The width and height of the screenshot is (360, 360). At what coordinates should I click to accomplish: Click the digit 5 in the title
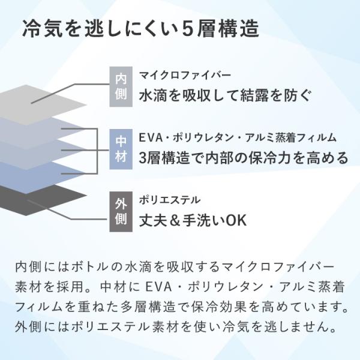click(187, 29)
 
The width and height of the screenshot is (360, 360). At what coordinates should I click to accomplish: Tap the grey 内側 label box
click(121, 86)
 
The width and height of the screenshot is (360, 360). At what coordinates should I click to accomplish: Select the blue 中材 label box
click(121, 149)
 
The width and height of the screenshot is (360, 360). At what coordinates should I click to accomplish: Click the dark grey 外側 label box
click(121, 211)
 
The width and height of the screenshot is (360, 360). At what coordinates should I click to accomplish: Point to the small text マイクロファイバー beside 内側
click(185, 75)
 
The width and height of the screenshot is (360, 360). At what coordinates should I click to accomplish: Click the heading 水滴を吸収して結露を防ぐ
click(225, 95)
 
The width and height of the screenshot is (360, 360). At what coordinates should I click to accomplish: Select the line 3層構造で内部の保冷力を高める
click(244, 158)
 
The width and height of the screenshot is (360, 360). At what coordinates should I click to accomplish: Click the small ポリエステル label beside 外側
click(170, 200)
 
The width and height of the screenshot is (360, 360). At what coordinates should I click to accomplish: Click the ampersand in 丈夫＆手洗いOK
click(175, 220)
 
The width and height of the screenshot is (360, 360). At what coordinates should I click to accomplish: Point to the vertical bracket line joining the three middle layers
click(97, 151)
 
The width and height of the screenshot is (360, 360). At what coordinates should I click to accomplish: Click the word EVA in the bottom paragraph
click(159, 287)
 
